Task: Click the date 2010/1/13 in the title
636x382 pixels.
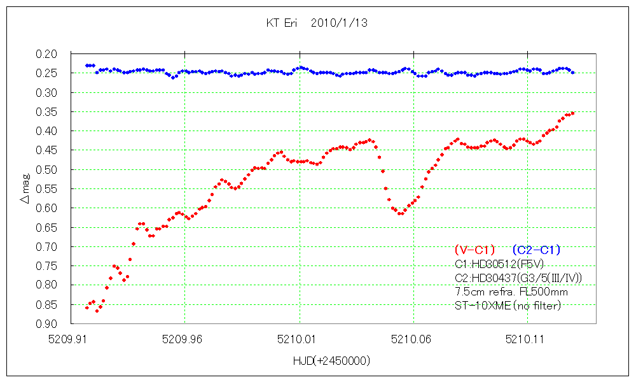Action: coord(340,22)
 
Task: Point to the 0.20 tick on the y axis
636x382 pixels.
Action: coord(47,53)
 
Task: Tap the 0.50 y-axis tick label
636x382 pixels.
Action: coord(47,169)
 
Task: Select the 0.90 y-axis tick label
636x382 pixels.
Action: coord(47,323)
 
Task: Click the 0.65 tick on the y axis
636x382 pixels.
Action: coord(47,227)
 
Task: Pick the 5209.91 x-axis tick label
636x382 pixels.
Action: coord(70,339)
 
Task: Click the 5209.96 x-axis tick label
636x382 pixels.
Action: coord(184,339)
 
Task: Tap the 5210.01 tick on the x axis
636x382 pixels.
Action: coord(299,339)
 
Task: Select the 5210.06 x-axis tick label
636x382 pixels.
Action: coord(413,339)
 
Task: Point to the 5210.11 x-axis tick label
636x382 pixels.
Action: coord(528,339)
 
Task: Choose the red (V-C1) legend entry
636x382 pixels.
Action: coord(474,250)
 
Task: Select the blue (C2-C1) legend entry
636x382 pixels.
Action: coord(536,250)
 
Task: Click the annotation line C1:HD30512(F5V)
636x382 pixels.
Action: coord(499,264)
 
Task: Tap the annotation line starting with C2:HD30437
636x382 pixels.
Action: coord(518,278)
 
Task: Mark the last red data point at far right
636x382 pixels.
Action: coord(572,113)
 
